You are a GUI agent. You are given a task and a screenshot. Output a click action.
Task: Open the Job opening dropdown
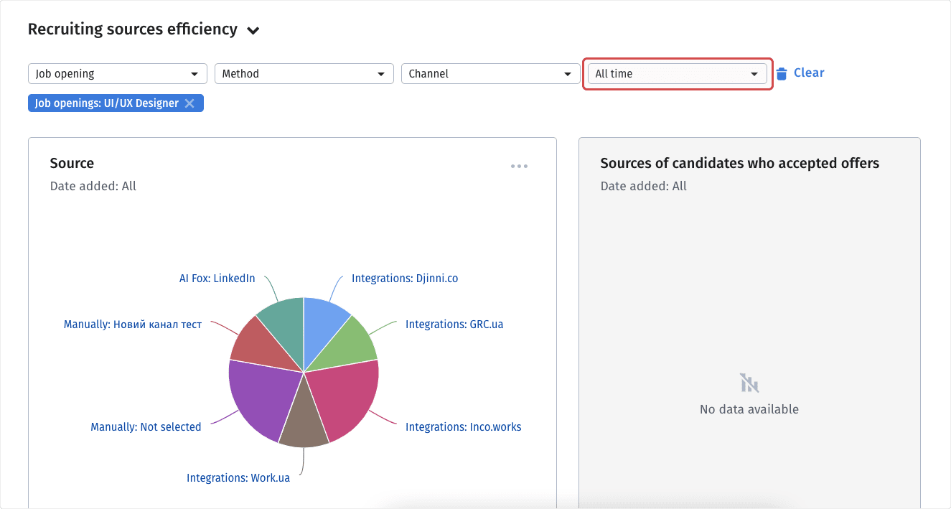(x=117, y=74)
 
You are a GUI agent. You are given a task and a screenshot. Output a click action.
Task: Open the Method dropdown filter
(x=304, y=74)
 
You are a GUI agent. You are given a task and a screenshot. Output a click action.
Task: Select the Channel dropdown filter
(x=490, y=74)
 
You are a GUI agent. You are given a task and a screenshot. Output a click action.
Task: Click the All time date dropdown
(x=677, y=74)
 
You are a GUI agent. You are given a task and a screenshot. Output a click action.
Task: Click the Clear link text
(x=809, y=73)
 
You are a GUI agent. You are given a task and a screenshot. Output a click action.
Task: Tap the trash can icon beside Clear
(x=782, y=73)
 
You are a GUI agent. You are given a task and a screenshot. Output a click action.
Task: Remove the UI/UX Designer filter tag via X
(x=189, y=103)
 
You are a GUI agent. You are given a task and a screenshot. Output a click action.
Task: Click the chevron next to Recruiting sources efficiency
(x=253, y=31)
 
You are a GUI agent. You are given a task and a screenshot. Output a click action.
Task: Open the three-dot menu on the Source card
(x=519, y=167)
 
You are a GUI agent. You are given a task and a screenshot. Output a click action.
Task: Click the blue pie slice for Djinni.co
(x=322, y=323)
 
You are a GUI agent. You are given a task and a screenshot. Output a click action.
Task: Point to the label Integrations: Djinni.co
(x=404, y=279)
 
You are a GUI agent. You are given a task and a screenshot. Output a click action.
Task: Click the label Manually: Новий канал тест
(x=133, y=324)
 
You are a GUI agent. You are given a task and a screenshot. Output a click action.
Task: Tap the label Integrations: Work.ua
(x=238, y=477)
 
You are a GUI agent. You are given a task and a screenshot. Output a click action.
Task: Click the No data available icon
(x=749, y=383)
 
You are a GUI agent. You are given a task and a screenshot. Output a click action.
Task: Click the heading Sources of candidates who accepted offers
(x=739, y=164)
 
